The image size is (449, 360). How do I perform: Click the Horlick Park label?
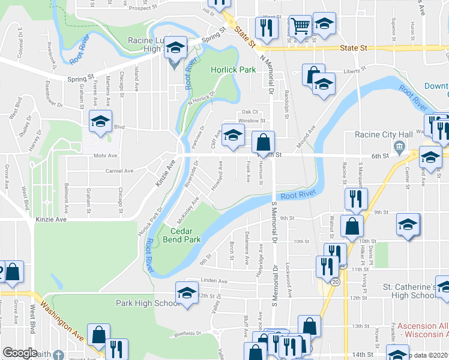click(234, 70)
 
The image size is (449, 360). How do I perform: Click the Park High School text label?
click(148, 303)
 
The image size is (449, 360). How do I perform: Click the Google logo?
click(20, 353)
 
